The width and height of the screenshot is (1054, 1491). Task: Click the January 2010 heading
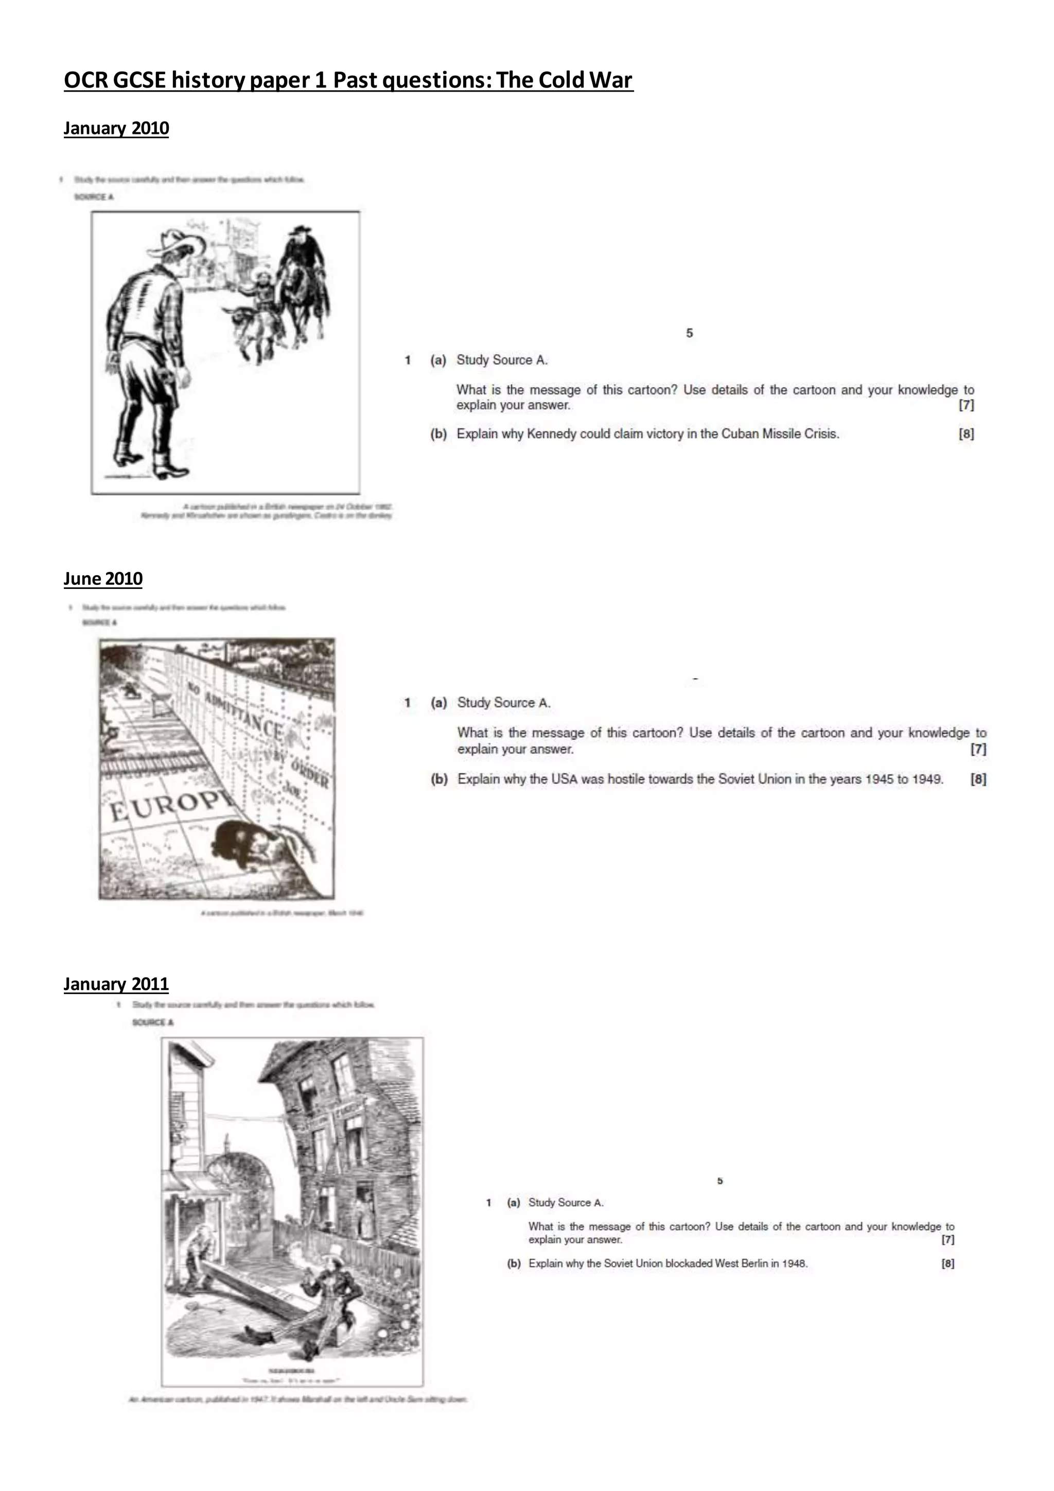click(x=116, y=129)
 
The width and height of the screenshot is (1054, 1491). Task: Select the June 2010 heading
click(x=103, y=579)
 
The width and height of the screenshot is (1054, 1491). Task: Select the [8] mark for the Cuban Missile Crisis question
click(x=965, y=434)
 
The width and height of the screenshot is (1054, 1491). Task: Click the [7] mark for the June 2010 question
click(x=978, y=749)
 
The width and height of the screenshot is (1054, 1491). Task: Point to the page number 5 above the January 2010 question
click(x=689, y=333)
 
